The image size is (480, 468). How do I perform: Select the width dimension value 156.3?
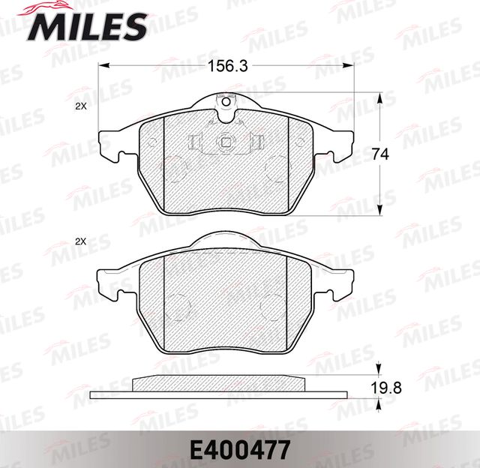[x=227, y=65]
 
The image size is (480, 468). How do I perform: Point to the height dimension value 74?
[x=381, y=154]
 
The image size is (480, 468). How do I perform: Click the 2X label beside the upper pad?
[x=81, y=107]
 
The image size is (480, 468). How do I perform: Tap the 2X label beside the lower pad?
[x=81, y=241]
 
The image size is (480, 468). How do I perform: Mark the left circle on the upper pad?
[x=175, y=166]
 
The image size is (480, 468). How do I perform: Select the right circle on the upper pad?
[x=278, y=166]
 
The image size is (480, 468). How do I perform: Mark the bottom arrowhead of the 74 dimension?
[x=380, y=212]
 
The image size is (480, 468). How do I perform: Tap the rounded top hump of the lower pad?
[x=226, y=238]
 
